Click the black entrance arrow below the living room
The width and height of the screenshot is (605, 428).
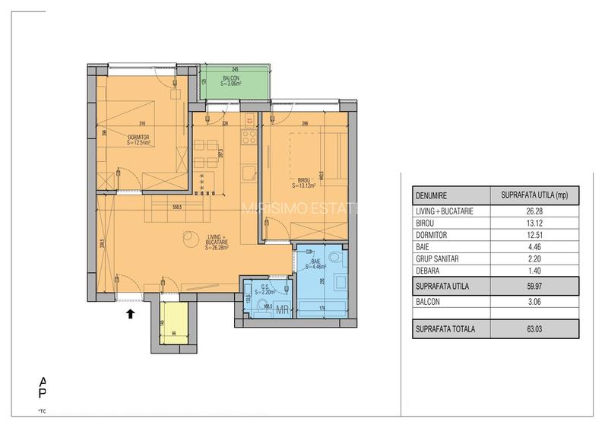tap(130, 311)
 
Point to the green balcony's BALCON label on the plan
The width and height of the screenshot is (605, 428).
tap(232, 78)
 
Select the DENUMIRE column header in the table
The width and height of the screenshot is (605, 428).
tap(431, 195)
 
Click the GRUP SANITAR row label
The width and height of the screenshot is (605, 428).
tap(440, 260)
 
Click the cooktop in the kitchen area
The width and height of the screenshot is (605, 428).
tap(248, 138)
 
